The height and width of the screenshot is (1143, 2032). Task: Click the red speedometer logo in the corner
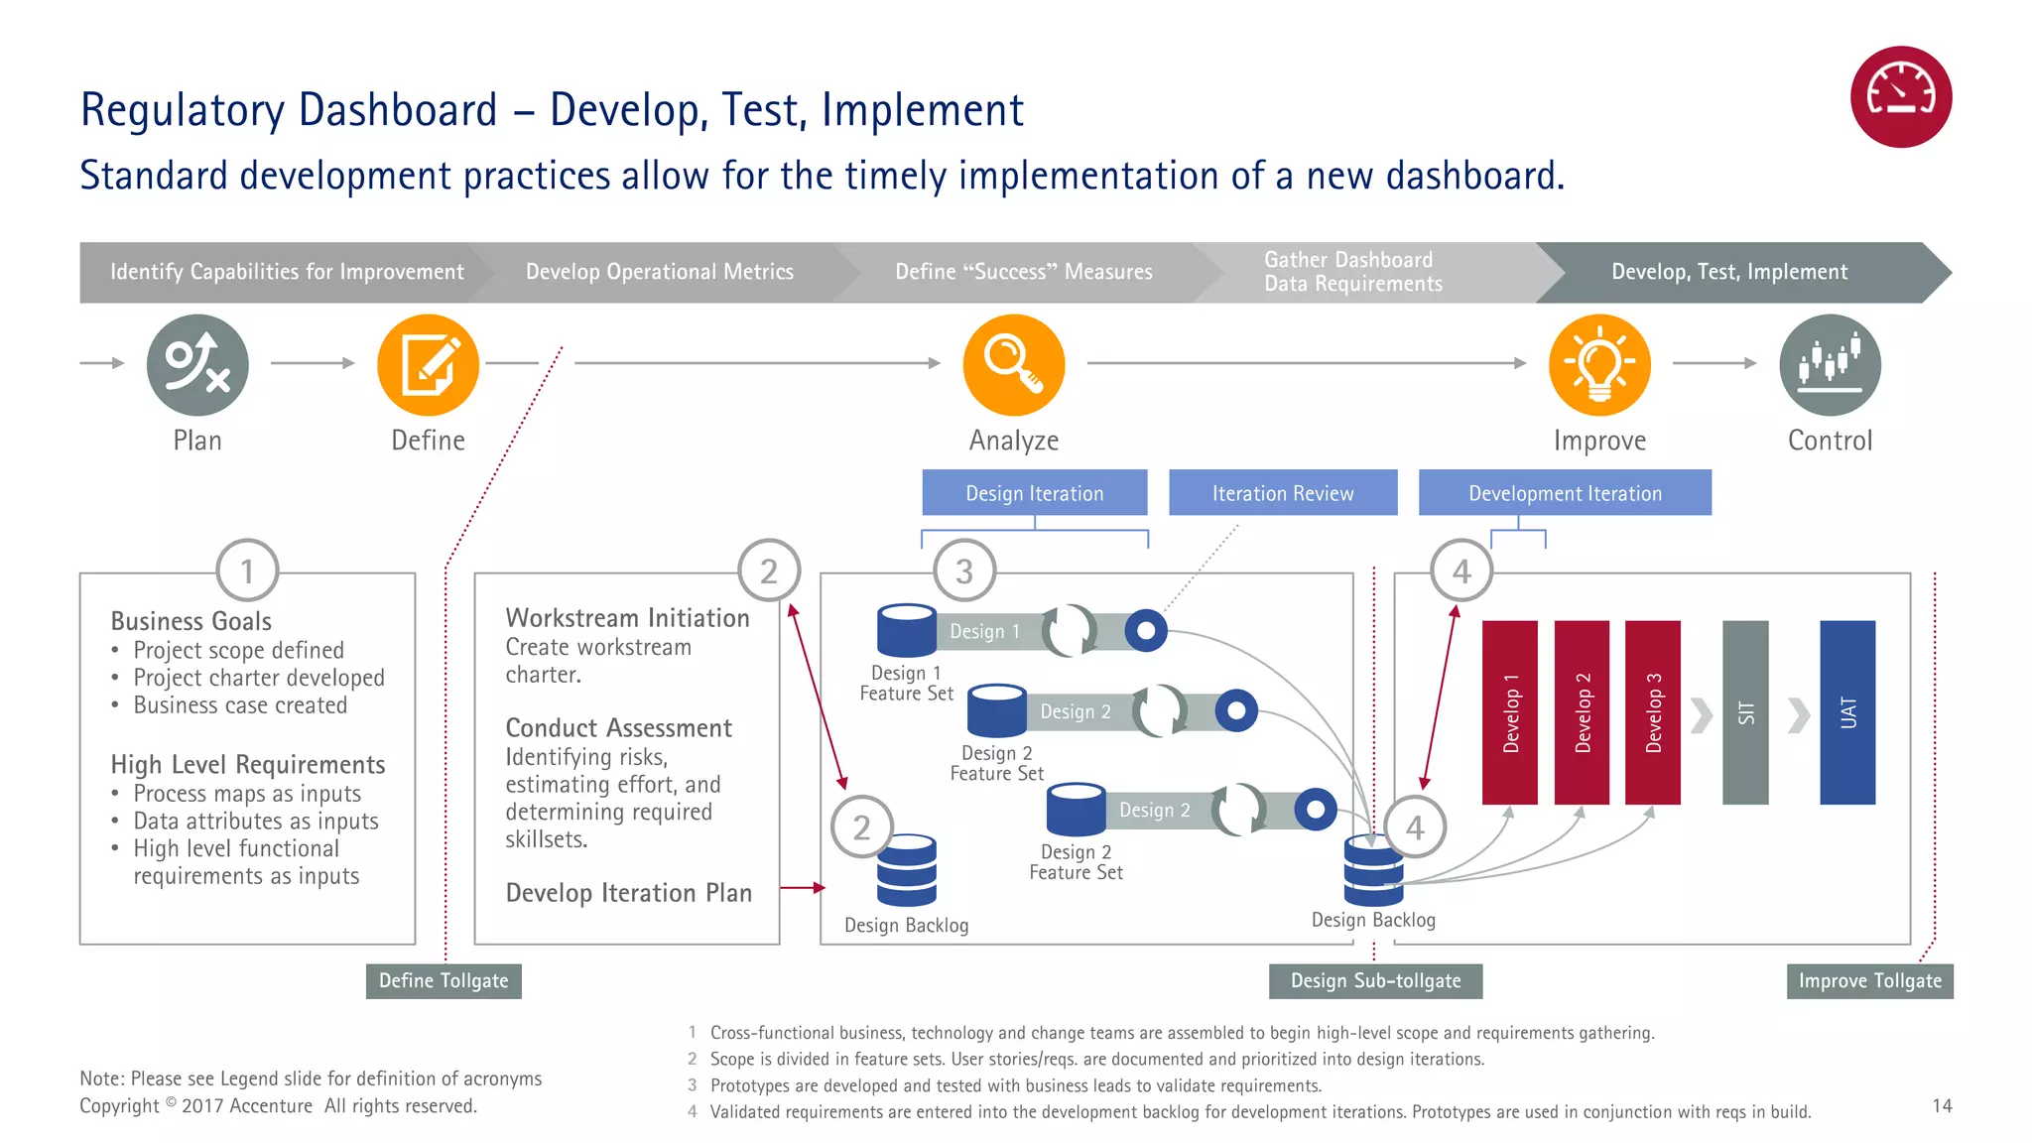[x=1900, y=97]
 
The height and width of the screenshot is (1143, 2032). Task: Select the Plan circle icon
[x=197, y=365]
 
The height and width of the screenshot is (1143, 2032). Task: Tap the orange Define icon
[x=428, y=365]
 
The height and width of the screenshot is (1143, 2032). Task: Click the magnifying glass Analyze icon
[x=1013, y=365]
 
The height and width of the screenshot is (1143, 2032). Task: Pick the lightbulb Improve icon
[x=1599, y=365]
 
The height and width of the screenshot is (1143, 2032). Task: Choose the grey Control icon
[x=1830, y=365]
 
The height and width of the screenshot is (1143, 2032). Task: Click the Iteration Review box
[x=1282, y=493]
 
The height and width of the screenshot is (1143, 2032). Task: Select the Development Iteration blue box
[x=1565, y=493]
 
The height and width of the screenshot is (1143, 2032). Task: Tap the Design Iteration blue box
[x=1034, y=493]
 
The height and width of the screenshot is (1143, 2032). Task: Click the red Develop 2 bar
[x=1582, y=712]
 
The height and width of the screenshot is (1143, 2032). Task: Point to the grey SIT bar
[x=1745, y=712]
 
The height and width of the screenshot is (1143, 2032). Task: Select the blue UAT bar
[x=1847, y=712]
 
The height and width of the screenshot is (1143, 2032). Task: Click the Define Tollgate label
[x=444, y=981]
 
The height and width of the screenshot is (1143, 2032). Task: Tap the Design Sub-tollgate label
[x=1375, y=981]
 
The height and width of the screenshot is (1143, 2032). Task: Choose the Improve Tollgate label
[x=1869, y=981]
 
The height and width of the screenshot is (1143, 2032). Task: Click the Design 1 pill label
[x=984, y=632]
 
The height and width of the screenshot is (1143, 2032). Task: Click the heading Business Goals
[x=190, y=621]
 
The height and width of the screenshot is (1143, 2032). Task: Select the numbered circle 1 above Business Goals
[x=247, y=571]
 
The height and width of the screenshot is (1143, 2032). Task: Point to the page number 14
[x=1942, y=1105]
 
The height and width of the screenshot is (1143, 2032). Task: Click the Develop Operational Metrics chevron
[x=659, y=272]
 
